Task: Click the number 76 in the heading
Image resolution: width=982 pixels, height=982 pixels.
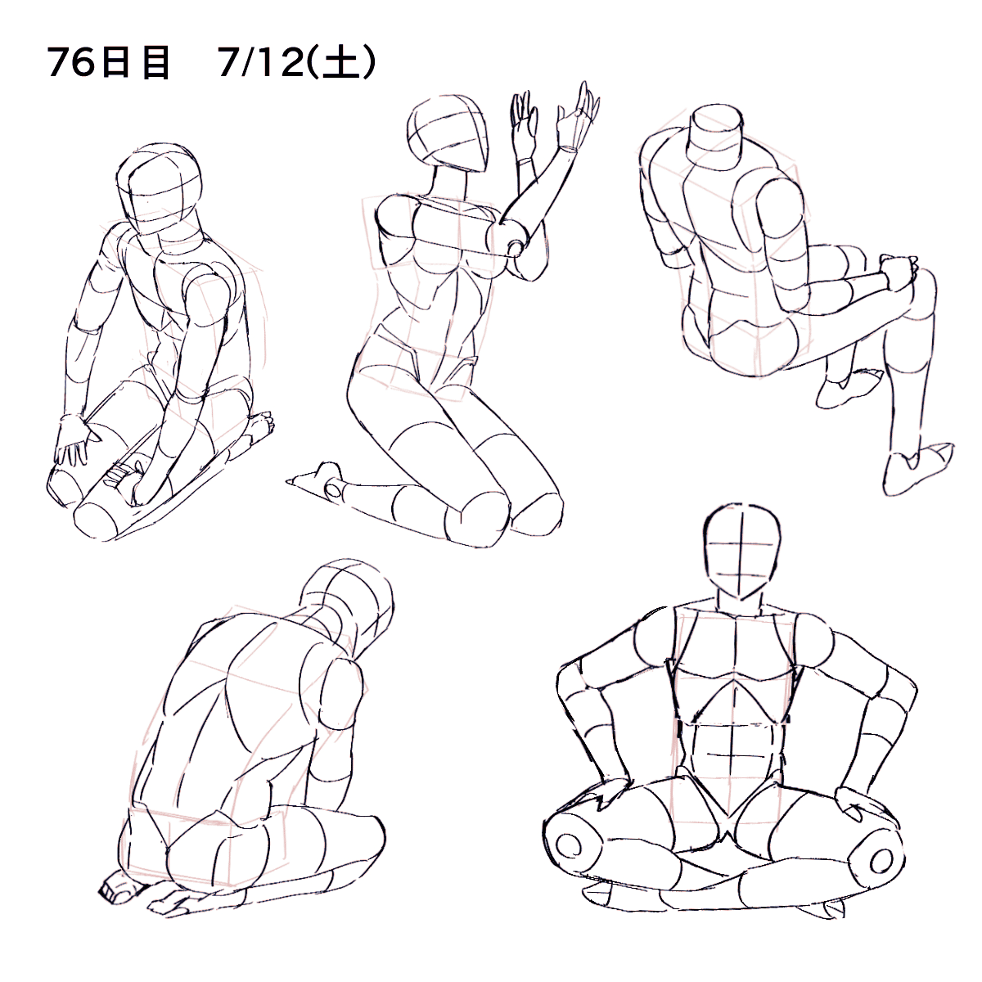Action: tap(71, 64)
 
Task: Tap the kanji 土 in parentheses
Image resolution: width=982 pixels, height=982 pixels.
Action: tap(342, 64)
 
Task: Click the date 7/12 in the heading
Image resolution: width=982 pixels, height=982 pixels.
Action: tap(261, 64)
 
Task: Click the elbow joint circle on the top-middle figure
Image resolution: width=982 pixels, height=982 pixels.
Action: tap(516, 249)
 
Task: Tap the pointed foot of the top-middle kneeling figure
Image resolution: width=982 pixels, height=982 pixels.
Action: tap(317, 478)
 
